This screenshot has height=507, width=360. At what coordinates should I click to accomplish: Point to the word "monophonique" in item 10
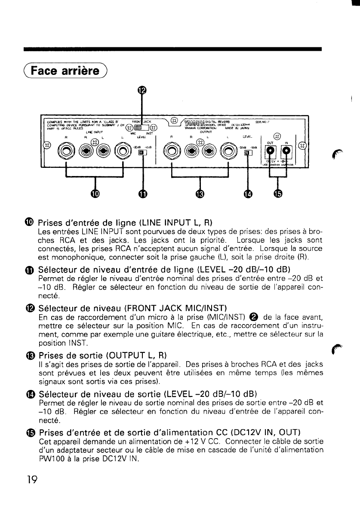click(x=69, y=257)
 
